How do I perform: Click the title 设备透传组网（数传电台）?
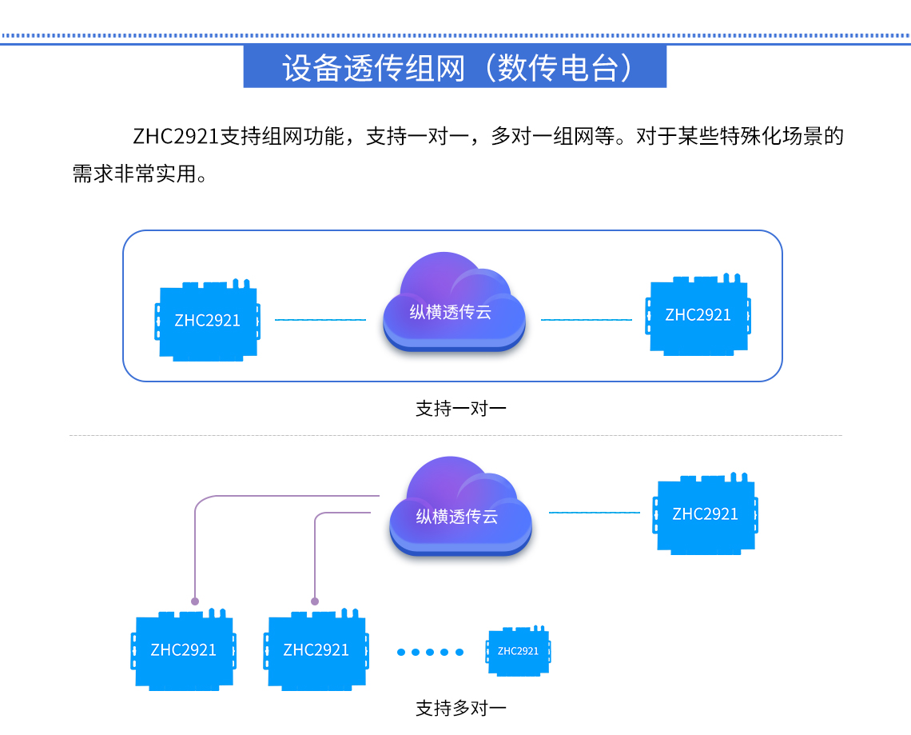455,67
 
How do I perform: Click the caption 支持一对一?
460,409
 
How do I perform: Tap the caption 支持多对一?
460,708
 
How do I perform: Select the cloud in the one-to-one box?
454,304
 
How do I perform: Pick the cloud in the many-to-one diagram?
459,508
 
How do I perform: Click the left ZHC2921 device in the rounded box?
208,320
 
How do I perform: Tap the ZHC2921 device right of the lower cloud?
706,514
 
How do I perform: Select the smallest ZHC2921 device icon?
519,650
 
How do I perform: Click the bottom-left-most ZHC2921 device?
184,649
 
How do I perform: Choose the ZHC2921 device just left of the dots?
316,649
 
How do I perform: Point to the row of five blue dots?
430,652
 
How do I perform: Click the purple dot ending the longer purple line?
195,601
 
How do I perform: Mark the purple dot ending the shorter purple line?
315,601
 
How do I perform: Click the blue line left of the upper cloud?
320,320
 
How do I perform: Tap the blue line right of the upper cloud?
586,320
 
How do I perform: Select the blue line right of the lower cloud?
594,512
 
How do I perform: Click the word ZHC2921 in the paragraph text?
176,136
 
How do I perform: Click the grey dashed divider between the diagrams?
455,436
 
